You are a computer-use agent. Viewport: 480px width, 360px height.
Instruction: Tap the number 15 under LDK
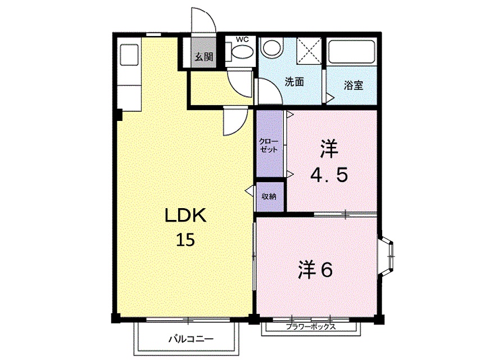185,240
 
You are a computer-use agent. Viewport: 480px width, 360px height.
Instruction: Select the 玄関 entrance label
203,56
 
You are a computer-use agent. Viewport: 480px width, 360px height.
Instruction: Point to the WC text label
242,39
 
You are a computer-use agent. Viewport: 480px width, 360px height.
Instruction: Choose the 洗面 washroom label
294,82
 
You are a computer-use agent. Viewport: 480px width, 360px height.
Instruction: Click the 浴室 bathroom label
353,85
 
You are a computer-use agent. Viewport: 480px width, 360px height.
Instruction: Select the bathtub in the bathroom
352,52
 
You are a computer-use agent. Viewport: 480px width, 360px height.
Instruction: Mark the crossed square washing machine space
309,49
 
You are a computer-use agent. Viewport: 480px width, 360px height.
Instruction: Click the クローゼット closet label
269,146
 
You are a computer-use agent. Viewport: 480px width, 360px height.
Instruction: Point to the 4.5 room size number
329,175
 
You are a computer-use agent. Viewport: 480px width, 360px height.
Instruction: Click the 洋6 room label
315,271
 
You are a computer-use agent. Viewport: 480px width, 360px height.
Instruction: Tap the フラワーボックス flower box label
311,327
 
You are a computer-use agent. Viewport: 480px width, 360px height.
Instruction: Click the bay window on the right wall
389,256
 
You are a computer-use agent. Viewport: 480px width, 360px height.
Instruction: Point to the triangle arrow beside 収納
249,191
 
